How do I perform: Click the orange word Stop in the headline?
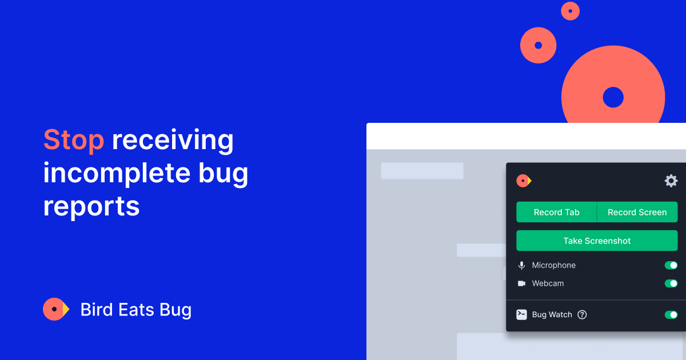[74, 140]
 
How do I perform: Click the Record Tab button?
[556, 212]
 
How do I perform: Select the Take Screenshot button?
[597, 241]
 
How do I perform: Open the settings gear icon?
[671, 181]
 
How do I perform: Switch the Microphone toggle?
[671, 265]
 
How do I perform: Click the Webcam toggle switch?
[671, 283]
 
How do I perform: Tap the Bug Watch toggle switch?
[671, 314]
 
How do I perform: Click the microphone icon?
[521, 265]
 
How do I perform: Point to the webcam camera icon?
[521, 283]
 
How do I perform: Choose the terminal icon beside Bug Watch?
[521, 314]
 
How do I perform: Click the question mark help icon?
[582, 314]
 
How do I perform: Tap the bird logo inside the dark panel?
[524, 181]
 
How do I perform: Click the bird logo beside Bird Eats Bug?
[56, 309]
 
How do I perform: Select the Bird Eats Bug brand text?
[136, 310]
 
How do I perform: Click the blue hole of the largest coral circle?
[613, 97]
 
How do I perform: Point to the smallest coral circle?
[570, 11]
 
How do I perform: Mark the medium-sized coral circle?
[538, 45]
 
